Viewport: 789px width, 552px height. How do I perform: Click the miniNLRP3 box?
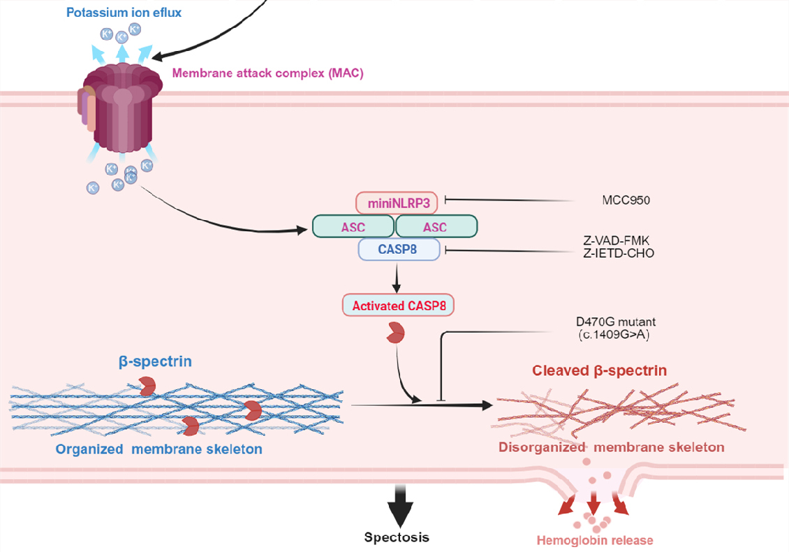(397, 203)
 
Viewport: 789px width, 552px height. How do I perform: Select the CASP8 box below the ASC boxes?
(399, 249)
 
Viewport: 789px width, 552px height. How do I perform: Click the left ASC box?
(353, 226)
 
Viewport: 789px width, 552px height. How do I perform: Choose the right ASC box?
(436, 226)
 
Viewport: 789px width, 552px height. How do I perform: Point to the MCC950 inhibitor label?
(626, 201)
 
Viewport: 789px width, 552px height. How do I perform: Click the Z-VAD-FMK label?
(617, 241)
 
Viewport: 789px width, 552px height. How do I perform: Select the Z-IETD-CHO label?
(619, 253)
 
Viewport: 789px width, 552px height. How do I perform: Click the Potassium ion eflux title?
(124, 13)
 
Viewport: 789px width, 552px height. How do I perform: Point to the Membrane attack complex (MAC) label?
(267, 73)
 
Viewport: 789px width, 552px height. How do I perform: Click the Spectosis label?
(397, 537)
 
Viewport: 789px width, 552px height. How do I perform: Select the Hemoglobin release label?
(595, 539)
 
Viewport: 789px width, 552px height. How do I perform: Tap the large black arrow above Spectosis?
(399, 504)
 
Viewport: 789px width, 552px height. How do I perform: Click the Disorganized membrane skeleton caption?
(611, 447)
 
